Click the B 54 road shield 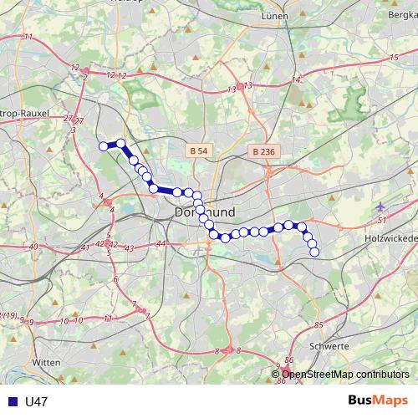tap(197, 150)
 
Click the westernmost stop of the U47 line tap(104, 146)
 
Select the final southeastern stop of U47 tap(314, 252)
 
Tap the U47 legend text tap(37, 402)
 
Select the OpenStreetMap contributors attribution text tap(345, 374)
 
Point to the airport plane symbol tap(381, 206)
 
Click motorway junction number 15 tap(394, 57)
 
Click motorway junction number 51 tap(380, 220)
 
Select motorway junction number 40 tap(33, 247)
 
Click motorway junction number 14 tap(295, 79)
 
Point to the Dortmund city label tap(206, 213)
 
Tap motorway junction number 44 tap(161, 243)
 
